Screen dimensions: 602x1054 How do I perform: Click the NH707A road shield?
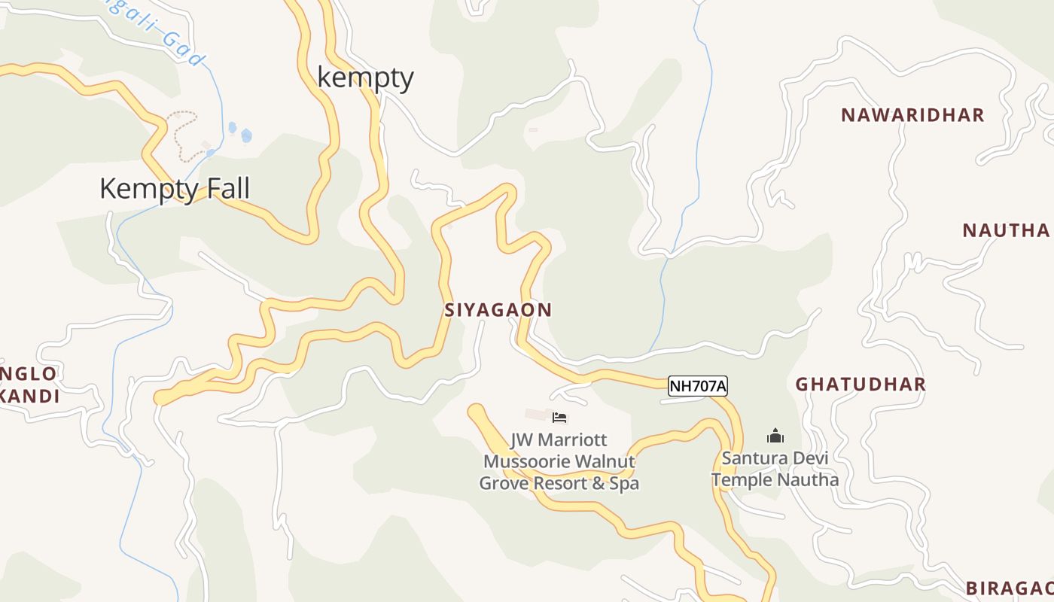coord(698,387)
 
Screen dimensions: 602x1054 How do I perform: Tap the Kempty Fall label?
coord(174,188)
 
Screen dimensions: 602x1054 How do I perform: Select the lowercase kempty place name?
coord(365,78)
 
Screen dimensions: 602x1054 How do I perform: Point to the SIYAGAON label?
coord(498,310)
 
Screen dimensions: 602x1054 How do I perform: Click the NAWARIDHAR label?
coord(912,115)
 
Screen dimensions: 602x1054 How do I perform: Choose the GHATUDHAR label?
coord(861,385)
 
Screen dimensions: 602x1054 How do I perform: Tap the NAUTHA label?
coord(1006,230)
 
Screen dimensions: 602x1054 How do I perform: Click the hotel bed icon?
coord(559,418)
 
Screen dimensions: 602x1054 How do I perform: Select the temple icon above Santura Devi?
coord(775,436)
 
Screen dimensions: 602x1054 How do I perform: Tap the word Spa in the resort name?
coord(624,483)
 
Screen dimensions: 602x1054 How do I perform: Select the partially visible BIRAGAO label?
coord(1009,588)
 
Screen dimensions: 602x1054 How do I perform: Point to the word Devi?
coord(809,458)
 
